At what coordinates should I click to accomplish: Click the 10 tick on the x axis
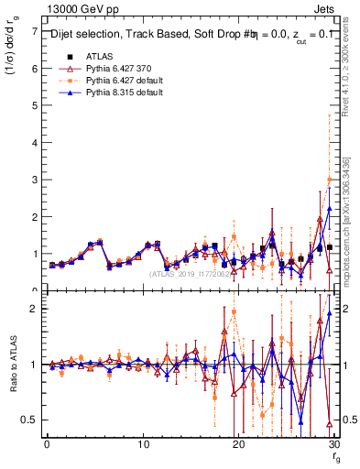tap(142, 444)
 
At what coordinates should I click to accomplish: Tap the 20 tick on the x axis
tap(238, 444)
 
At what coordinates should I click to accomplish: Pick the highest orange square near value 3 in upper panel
tap(329, 180)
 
